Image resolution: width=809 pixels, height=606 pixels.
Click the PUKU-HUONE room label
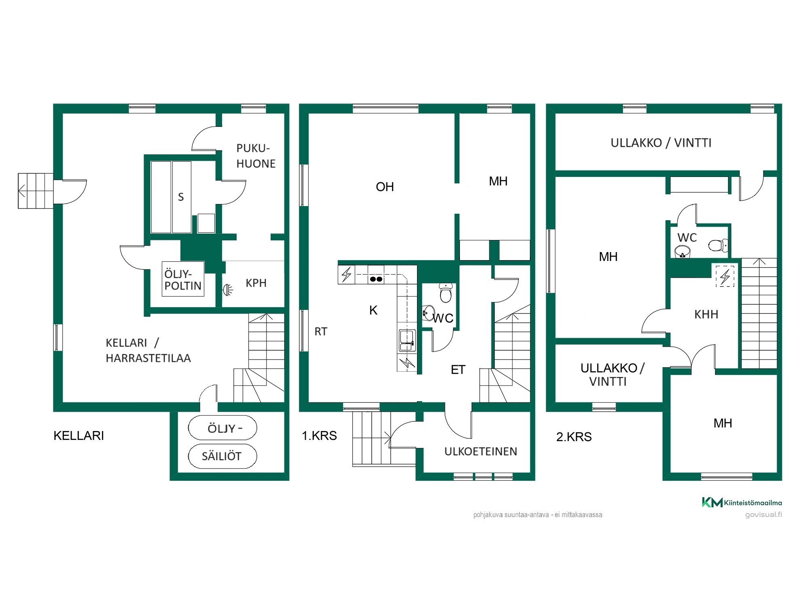256,156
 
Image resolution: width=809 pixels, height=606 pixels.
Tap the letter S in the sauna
181,197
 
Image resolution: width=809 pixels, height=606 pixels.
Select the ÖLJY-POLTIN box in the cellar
183,279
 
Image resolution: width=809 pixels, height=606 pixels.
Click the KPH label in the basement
256,283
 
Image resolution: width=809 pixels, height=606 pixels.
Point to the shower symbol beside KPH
228,290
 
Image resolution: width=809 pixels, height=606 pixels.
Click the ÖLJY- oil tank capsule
222,428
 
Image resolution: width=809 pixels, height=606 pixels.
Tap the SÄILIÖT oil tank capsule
222,456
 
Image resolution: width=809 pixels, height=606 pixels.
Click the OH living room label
385,187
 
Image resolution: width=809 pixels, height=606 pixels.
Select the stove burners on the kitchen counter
376,279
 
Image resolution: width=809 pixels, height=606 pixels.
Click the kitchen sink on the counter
407,340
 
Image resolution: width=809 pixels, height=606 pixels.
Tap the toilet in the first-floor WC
445,292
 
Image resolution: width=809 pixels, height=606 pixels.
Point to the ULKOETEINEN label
481,451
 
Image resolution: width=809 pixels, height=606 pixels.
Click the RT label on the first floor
321,332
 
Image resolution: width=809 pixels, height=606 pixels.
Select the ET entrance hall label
458,370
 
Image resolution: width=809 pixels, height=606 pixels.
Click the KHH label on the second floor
706,314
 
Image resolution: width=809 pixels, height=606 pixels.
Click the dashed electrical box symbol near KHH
725,276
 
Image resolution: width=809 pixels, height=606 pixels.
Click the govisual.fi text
763,515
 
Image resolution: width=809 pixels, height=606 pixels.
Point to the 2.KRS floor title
574,437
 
